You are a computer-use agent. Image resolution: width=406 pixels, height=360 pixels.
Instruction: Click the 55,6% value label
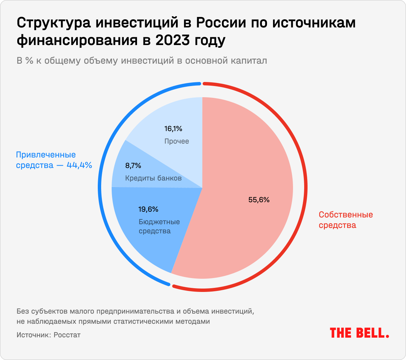pos(259,200)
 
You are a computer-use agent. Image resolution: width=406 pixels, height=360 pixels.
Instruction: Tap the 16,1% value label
pos(173,129)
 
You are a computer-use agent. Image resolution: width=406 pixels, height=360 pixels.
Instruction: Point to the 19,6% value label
pos(148,209)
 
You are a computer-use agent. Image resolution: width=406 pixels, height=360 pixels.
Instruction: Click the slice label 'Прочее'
pos(177,141)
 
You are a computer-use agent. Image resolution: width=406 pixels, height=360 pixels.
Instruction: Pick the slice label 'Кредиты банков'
pos(153,178)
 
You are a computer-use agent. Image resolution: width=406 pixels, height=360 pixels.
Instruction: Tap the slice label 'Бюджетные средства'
pos(159,227)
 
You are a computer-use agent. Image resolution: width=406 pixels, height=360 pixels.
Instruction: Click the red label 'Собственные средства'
pos(346,220)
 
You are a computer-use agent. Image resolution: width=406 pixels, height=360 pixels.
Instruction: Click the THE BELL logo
pos(359,333)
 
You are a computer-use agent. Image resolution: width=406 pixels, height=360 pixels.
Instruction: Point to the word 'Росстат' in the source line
pos(68,335)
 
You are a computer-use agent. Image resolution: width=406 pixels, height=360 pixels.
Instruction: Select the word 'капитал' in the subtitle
pos(250,61)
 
